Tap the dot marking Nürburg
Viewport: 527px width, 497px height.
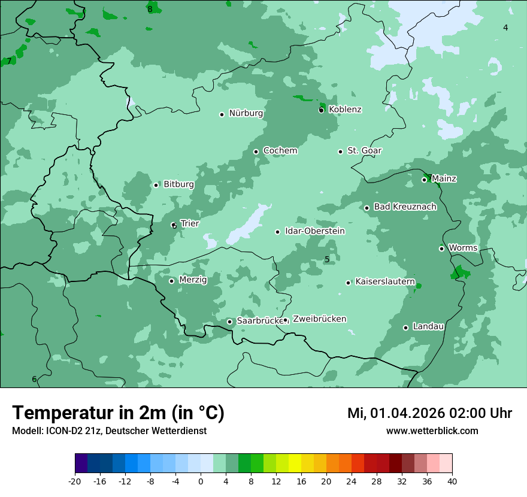coord(222,114)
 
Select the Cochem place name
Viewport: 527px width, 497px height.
coord(280,151)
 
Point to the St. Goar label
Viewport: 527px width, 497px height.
coord(364,151)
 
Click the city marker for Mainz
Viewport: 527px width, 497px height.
coord(424,180)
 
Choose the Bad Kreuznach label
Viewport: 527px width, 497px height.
coord(405,207)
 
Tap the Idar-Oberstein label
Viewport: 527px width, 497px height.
coord(314,231)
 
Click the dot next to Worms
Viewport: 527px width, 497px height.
coord(441,249)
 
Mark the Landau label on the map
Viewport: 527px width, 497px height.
coord(428,327)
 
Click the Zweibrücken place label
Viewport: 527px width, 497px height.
coord(319,319)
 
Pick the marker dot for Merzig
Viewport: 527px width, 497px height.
coord(171,281)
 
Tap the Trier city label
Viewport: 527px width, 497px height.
coord(189,224)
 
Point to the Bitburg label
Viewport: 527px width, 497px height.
coord(178,184)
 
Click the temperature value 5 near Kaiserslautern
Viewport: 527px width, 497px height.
coord(327,259)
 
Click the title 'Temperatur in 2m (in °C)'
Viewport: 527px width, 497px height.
coord(118,413)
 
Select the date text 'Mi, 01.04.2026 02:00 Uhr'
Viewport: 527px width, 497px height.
coord(429,413)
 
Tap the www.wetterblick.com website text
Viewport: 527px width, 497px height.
coord(432,431)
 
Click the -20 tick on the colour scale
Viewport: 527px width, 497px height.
coord(75,481)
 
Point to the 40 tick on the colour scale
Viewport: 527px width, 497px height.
coord(452,481)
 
